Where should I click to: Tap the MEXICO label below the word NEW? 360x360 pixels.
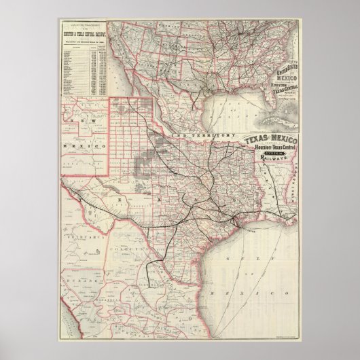click(x=88, y=146)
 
